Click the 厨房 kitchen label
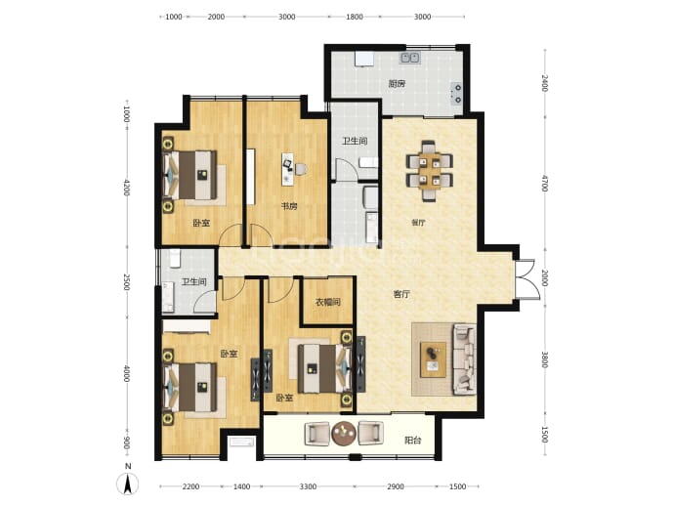(397, 84)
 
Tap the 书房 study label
(289, 206)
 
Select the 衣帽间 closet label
(327, 302)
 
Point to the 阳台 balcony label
(412, 441)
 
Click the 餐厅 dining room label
(418, 223)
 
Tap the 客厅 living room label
(401, 294)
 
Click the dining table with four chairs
(430, 171)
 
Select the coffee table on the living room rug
(433, 359)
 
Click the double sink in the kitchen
(410, 58)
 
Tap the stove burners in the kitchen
(457, 94)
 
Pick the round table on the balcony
(344, 434)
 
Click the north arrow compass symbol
(128, 483)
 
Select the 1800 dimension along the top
(355, 17)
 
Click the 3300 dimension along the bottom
(308, 486)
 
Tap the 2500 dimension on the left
(126, 282)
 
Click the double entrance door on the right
(527, 279)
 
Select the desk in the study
(287, 169)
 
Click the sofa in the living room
(464, 359)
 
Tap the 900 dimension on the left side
(126, 442)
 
